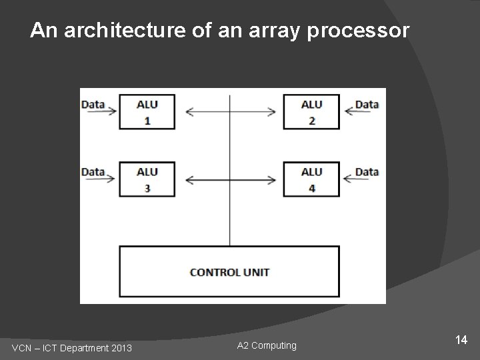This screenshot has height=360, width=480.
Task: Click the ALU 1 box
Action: pyautogui.click(x=147, y=112)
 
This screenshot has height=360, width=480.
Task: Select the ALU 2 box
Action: pyautogui.click(x=311, y=112)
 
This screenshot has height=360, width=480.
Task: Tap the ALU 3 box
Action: pyautogui.click(x=147, y=179)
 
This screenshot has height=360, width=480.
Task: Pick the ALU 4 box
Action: pyautogui.click(x=311, y=179)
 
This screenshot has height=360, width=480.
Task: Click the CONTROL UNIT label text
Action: pyautogui.click(x=229, y=272)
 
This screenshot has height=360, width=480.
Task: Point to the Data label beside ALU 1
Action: pyautogui.click(x=93, y=104)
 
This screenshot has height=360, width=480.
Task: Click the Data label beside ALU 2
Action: pyautogui.click(x=367, y=104)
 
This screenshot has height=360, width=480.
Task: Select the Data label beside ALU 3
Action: pyautogui.click(x=93, y=172)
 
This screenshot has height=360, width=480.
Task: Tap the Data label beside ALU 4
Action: pyautogui.click(x=367, y=172)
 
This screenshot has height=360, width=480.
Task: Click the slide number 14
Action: pyautogui.click(x=461, y=341)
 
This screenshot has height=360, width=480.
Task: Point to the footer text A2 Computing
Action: pyautogui.click(x=267, y=345)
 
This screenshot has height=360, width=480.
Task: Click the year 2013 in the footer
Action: pyautogui.click(x=121, y=348)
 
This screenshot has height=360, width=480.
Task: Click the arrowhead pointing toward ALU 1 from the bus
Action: pyautogui.click(x=189, y=112)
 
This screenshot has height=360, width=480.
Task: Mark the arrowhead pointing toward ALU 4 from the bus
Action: pyautogui.click(x=272, y=179)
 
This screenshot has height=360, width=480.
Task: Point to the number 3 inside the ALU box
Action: pyautogui.click(x=147, y=188)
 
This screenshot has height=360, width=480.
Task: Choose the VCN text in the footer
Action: pyautogui.click(x=23, y=348)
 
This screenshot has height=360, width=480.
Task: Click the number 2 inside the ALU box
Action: pyautogui.click(x=311, y=121)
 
